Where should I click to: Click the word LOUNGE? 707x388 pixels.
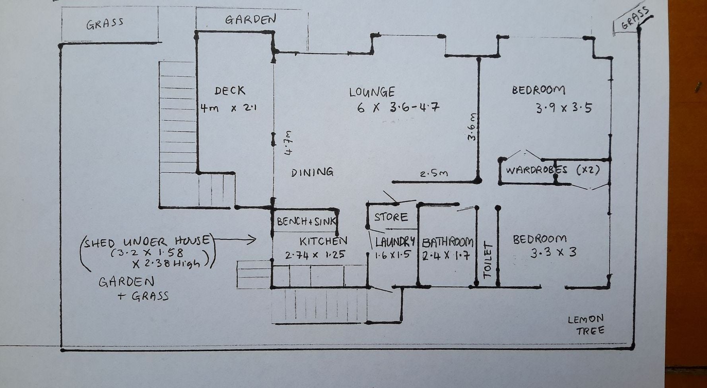tap(372, 92)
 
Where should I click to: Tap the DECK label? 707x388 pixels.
tap(230, 91)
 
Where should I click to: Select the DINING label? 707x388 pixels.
tap(312, 172)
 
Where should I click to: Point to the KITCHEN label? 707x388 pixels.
tap(323, 241)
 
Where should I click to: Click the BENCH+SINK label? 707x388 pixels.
tap(306, 221)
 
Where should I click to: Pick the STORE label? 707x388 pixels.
tap(391, 217)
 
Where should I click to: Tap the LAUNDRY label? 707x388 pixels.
tap(395, 241)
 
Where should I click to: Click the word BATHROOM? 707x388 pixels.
tap(448, 242)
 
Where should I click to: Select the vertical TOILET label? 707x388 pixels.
tap(488, 260)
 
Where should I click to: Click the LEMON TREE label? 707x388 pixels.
tap(586, 325)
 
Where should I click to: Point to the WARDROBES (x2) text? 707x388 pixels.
tap(552, 170)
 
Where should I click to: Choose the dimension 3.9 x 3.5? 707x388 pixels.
tap(564, 108)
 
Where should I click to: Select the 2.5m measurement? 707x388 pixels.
tap(434, 174)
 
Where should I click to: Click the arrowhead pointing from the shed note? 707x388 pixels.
tap(251, 239)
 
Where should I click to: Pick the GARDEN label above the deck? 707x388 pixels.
tap(251, 19)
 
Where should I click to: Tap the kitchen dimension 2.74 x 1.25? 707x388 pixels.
tap(315, 255)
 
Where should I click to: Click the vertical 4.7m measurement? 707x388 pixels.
tap(289, 143)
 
